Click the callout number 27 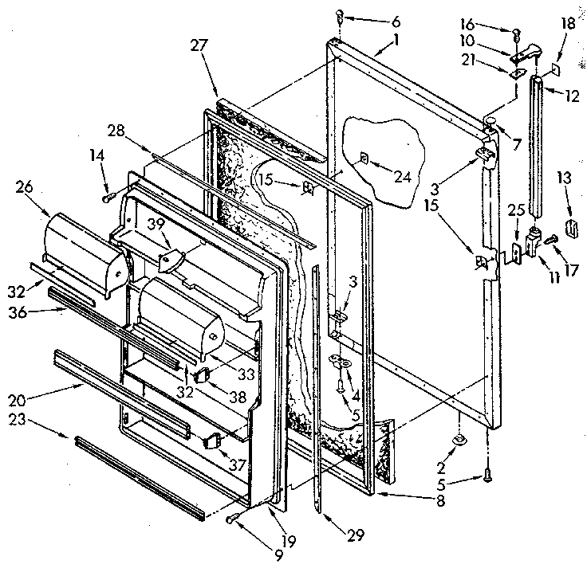199,45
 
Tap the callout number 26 23,188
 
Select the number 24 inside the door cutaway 402,177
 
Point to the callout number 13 564,177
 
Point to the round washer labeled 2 460,441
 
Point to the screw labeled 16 516,33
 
